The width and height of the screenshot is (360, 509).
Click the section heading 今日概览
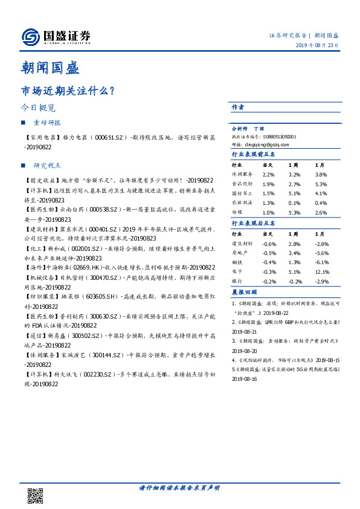(38, 108)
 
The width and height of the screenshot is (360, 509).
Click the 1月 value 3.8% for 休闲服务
(321, 173)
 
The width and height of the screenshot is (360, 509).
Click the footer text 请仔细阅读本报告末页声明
(179, 487)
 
